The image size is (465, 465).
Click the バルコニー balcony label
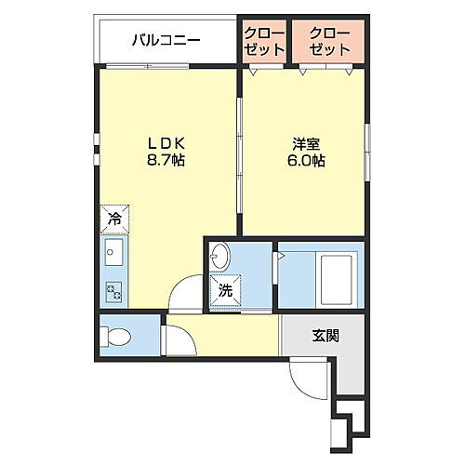pyautogui.click(x=166, y=40)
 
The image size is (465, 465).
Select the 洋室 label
pyautogui.click(x=306, y=143)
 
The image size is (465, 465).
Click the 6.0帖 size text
pyautogui.click(x=306, y=160)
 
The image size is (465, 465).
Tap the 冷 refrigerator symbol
pyautogui.click(x=113, y=219)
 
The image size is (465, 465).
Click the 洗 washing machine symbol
pyautogui.click(x=225, y=290)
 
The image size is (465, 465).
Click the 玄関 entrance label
pyautogui.click(x=325, y=335)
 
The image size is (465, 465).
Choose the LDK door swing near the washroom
pyautogui.click(x=189, y=293)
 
